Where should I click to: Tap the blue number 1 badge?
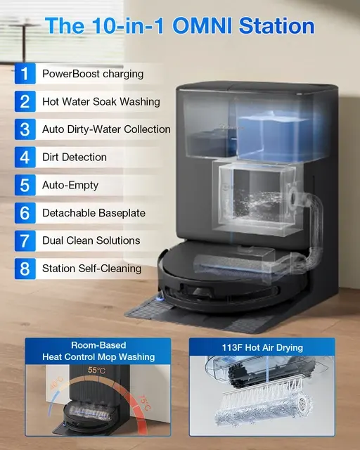click(x=25, y=73)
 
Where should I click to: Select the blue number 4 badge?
click(x=25, y=157)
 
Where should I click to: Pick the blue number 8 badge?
click(x=25, y=269)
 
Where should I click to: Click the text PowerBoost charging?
click(x=93, y=74)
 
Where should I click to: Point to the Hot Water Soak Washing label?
click(x=101, y=101)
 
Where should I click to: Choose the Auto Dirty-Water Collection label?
click(x=106, y=129)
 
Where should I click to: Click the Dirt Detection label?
click(x=75, y=157)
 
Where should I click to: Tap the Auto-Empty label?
click(x=70, y=185)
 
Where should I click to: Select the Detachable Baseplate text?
click(x=94, y=213)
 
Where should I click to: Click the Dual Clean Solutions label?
click(x=91, y=240)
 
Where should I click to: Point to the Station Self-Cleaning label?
click(x=91, y=269)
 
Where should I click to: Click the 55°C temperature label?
click(x=96, y=370)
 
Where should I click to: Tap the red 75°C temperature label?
click(x=144, y=403)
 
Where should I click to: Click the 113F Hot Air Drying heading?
click(x=262, y=347)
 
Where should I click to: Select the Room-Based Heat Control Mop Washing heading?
click(x=98, y=351)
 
